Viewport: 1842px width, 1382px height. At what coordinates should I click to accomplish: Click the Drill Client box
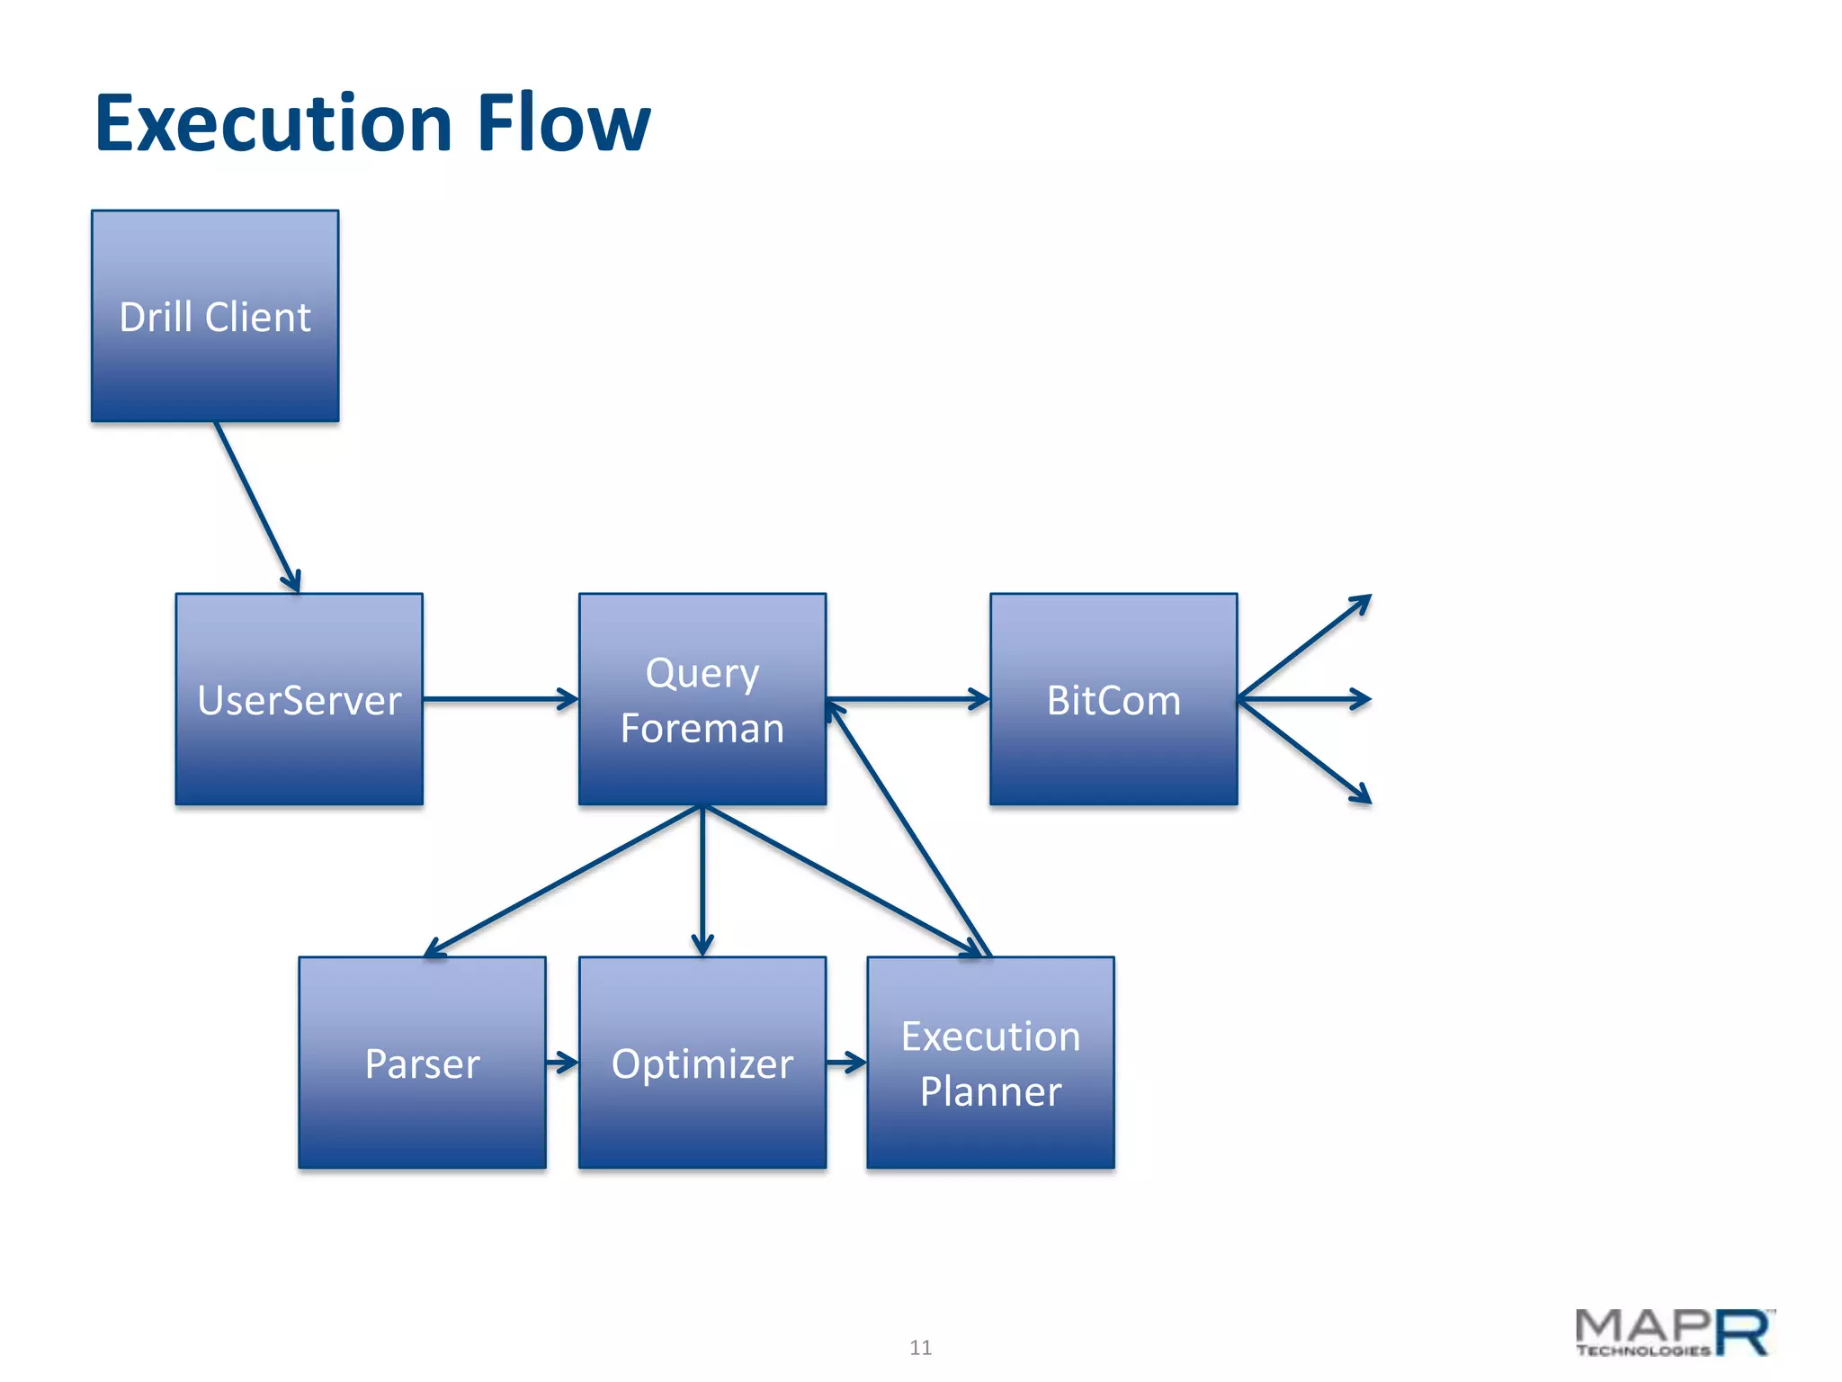(x=215, y=316)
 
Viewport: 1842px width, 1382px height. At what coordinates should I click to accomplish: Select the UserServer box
(x=299, y=699)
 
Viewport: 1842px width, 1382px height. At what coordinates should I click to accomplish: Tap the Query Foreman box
(x=702, y=699)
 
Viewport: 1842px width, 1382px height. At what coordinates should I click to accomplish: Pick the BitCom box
(x=1113, y=699)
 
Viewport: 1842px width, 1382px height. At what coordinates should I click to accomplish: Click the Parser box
(x=422, y=1063)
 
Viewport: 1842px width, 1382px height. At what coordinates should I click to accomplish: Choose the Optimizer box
(x=702, y=1063)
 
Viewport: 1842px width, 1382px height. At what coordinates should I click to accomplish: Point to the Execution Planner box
(x=990, y=1063)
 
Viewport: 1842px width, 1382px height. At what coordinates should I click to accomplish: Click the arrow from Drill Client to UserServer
(x=257, y=507)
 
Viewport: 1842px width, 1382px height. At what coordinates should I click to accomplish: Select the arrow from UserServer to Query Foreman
(x=500, y=699)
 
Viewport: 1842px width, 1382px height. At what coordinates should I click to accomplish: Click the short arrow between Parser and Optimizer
(x=562, y=1063)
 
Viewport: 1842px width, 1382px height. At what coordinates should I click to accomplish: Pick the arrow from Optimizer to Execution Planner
(x=846, y=1063)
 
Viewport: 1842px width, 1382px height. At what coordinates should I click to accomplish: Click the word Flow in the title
(x=563, y=123)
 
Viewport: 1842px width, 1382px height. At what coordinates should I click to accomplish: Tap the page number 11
(x=920, y=1347)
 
